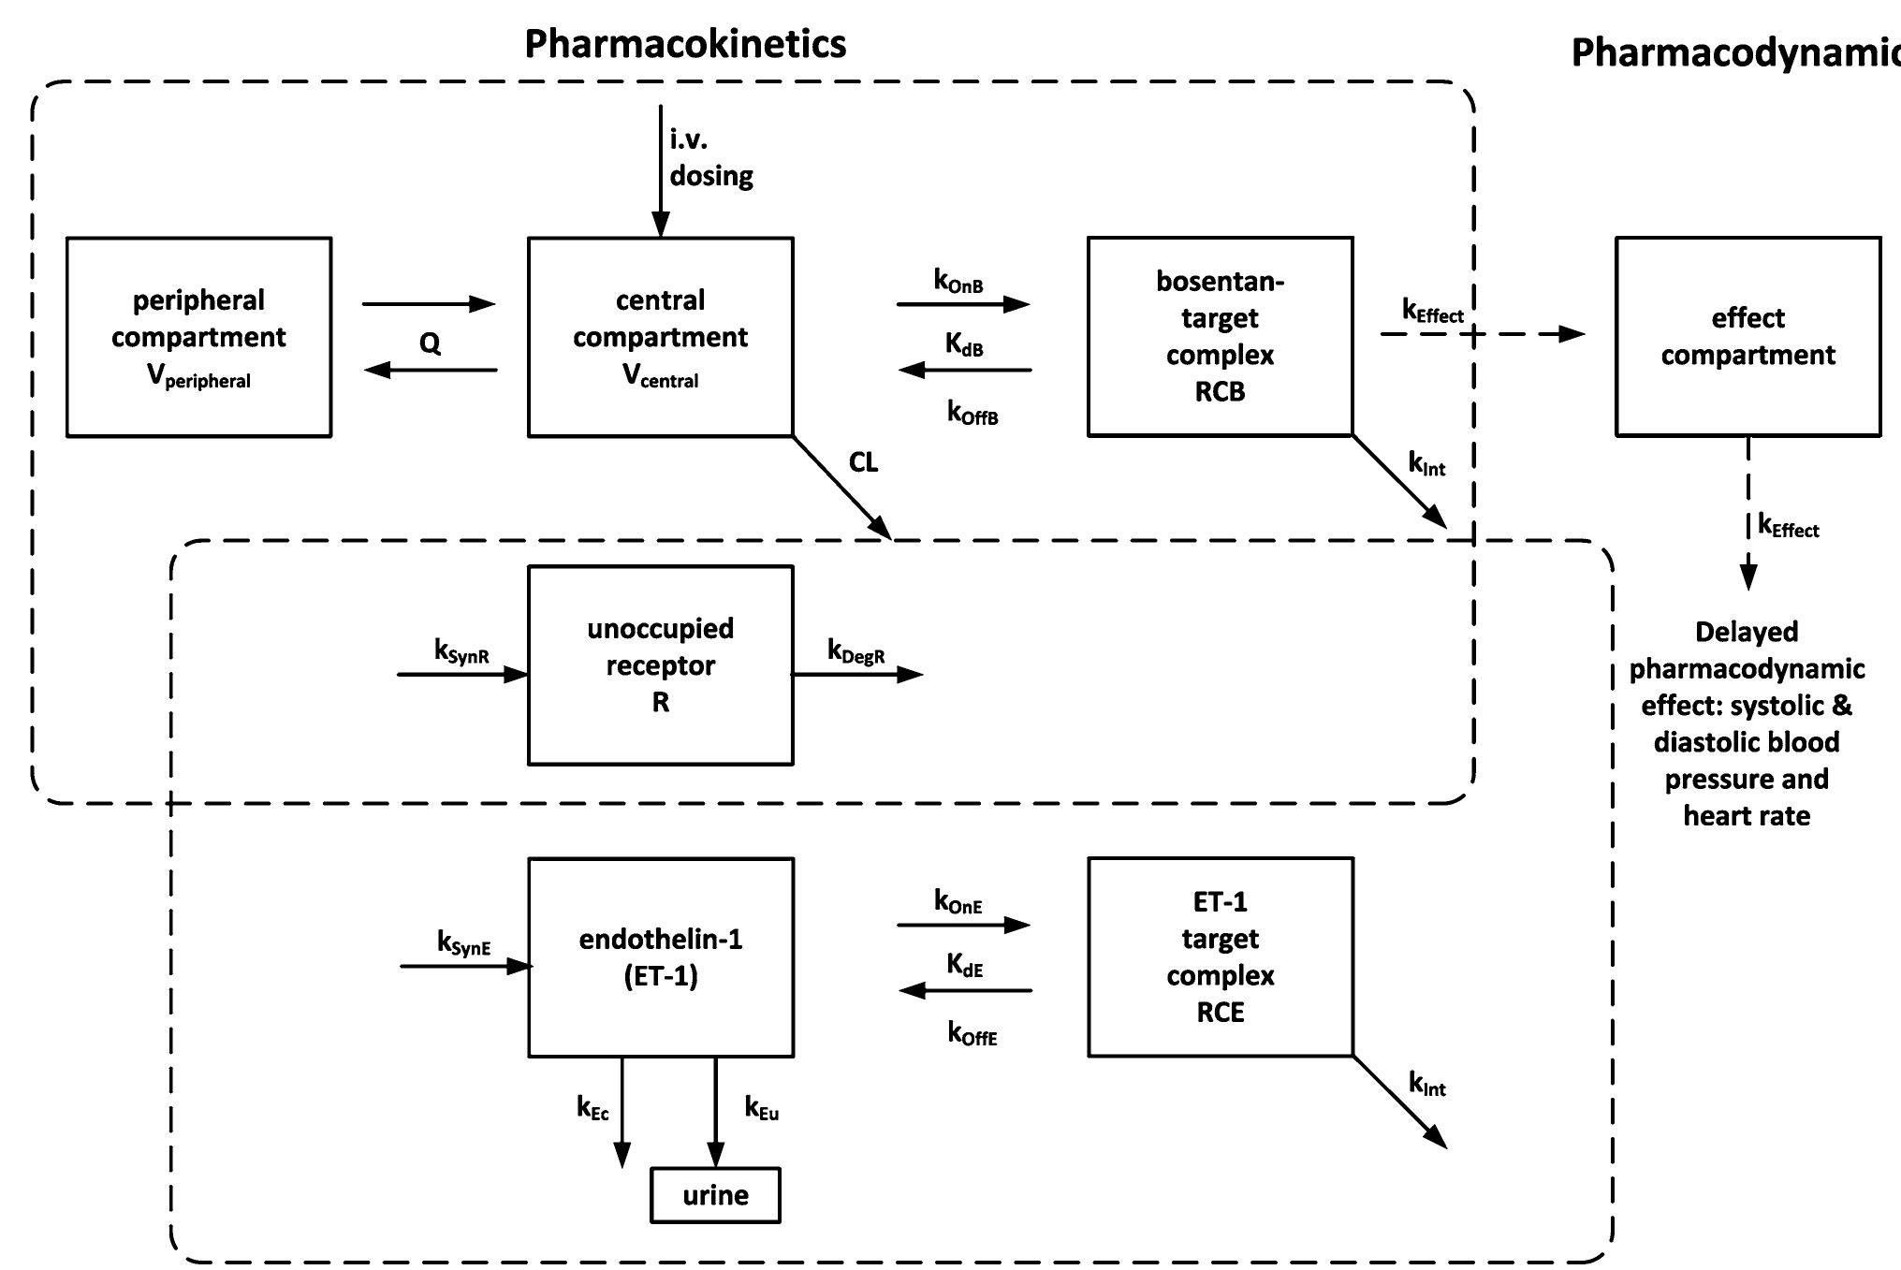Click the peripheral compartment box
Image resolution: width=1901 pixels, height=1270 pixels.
[x=198, y=337]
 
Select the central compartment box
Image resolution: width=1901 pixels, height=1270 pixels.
[x=661, y=337]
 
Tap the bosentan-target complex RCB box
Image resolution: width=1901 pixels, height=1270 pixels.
[x=1221, y=337]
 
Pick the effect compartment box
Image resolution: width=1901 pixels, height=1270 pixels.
[x=1748, y=337]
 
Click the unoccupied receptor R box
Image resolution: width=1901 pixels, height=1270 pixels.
[x=661, y=665]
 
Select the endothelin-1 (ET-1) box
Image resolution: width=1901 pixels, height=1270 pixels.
[x=661, y=957]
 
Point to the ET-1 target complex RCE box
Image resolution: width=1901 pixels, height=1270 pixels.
[x=1221, y=957]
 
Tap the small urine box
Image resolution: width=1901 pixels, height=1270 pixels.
[x=716, y=1195]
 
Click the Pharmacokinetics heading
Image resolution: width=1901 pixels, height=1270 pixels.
[x=685, y=44]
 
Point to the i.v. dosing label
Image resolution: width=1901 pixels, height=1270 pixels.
[x=711, y=157]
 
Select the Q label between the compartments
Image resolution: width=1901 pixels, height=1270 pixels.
[x=430, y=343]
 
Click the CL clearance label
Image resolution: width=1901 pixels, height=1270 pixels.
[x=863, y=462]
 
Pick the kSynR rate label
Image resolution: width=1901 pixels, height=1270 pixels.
[x=461, y=651]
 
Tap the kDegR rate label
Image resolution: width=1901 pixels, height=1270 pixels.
[x=856, y=651]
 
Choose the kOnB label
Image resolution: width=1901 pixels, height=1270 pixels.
[x=958, y=280]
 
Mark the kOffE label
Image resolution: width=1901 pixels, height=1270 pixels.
[x=972, y=1033]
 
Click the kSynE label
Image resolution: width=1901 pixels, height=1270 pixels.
[x=464, y=942]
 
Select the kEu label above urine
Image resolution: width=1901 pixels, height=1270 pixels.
[x=762, y=1108]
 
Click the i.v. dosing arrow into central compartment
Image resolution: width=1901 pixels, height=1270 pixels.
[x=661, y=170]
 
